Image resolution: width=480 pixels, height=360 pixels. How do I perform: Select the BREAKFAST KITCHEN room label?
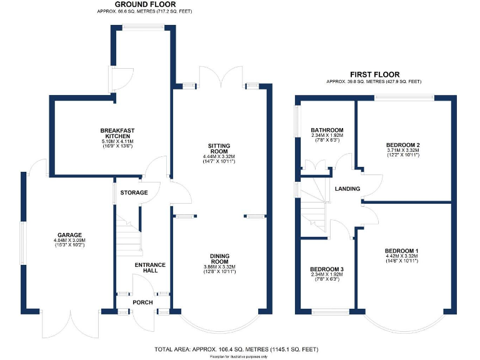click(x=118, y=134)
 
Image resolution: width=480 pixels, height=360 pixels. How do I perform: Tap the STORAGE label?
click(x=134, y=192)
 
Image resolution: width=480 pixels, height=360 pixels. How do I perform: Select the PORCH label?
click(x=142, y=302)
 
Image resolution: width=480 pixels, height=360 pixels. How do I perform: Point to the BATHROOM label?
click(x=327, y=130)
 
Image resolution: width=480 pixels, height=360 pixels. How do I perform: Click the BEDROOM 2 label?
click(x=402, y=145)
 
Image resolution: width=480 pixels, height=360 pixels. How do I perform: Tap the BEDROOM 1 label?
click(x=402, y=251)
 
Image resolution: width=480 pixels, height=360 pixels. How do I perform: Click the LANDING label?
click(x=347, y=189)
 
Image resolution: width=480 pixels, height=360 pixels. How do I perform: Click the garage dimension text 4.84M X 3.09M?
click(x=69, y=241)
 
